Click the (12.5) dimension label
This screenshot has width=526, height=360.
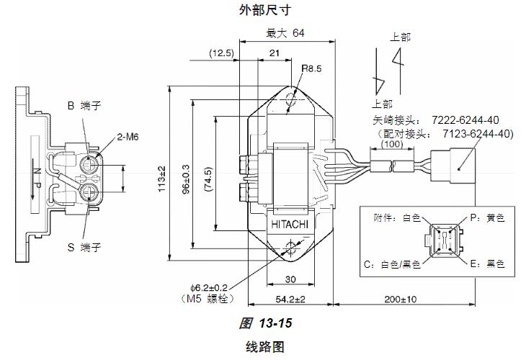(x=222, y=53)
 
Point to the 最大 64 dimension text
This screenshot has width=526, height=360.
(x=285, y=33)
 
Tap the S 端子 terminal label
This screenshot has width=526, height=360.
(x=84, y=247)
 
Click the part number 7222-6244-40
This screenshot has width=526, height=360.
(x=465, y=120)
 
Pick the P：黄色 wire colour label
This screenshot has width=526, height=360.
(x=486, y=217)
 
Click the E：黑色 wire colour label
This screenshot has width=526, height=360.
(x=486, y=264)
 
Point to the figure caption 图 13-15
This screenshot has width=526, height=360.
(x=267, y=323)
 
